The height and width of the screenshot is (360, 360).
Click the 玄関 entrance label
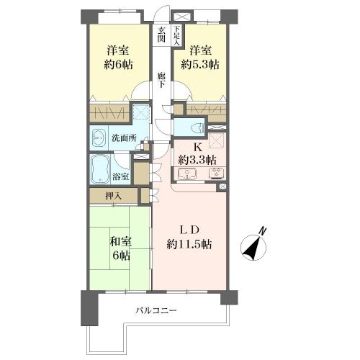click(x=161, y=35)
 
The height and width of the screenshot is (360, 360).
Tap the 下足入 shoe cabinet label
click(x=176, y=35)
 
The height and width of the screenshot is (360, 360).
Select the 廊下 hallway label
click(x=161, y=79)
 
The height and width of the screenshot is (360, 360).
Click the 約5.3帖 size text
click(x=200, y=64)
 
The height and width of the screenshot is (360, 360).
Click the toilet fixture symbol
click(x=198, y=127)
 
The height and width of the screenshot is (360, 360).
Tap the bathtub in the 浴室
click(x=100, y=169)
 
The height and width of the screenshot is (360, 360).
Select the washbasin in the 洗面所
click(x=99, y=138)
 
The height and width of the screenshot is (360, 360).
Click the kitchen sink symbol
click(x=187, y=174)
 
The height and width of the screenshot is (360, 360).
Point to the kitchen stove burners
click(x=217, y=174)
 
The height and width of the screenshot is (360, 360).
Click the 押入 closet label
click(x=114, y=196)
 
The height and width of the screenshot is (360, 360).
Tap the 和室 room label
click(x=121, y=242)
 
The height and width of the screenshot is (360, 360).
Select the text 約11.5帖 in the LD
click(x=189, y=244)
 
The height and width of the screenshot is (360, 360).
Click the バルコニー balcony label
click(x=156, y=311)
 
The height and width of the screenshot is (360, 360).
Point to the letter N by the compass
click(x=263, y=231)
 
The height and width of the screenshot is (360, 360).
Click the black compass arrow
click(x=251, y=248)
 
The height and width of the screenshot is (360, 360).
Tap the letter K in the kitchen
click(x=199, y=148)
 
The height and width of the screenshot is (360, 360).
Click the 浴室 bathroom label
click(x=121, y=177)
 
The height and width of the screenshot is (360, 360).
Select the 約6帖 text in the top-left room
click(x=118, y=64)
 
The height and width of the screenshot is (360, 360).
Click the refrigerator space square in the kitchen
click(x=217, y=140)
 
